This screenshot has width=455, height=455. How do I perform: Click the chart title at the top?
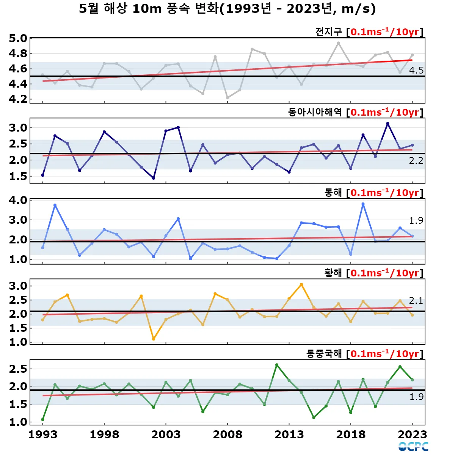click(227, 9)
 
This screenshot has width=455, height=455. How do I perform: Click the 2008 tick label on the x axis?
click(227, 435)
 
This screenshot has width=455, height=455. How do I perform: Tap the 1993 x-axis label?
click(42, 435)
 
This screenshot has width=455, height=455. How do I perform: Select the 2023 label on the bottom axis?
click(412, 435)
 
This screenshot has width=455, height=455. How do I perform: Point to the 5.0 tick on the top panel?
click(18, 38)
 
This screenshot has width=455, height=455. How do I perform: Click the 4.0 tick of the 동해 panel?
click(18, 200)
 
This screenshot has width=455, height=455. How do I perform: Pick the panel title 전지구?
click(328, 31)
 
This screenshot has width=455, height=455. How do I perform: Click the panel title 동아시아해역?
click(315, 112)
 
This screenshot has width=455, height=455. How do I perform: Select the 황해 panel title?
click(333, 273)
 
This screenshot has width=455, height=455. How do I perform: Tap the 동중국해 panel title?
click(324, 354)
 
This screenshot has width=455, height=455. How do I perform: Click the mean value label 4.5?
click(416, 70)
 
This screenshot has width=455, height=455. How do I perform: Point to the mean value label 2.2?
click(416, 160)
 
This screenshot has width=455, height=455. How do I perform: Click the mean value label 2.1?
click(416, 301)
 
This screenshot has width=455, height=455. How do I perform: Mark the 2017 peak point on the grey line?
click(339, 43)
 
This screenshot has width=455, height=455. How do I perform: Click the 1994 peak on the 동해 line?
click(55, 205)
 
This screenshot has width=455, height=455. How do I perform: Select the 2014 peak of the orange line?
click(301, 284)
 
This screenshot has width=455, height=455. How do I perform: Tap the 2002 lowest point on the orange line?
click(154, 339)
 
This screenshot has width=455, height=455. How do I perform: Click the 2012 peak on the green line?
click(277, 365)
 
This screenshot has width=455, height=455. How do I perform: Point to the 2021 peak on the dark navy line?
click(388, 124)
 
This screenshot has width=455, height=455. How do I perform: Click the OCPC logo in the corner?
click(413, 447)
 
